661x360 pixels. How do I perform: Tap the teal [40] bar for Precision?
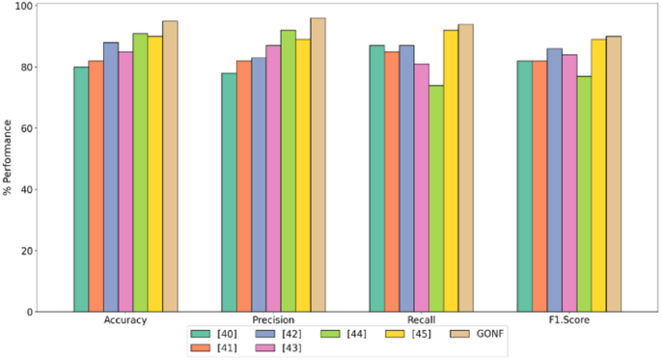point(229,192)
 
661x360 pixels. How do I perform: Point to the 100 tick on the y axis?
point(51,6)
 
